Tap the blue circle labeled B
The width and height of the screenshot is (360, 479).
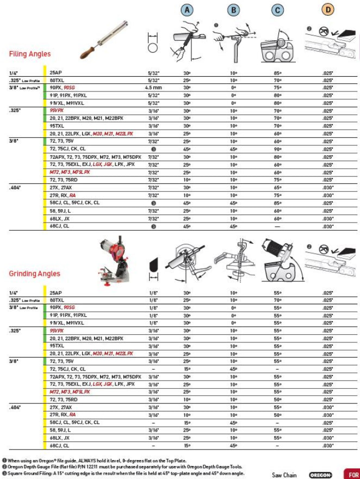point(233,10)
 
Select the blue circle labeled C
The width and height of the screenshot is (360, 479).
point(278,10)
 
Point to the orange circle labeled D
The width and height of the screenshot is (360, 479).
point(328,10)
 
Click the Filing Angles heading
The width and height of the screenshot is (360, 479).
point(30,54)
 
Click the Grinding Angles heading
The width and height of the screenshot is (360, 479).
point(34,274)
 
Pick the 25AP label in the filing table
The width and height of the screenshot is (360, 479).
point(55,72)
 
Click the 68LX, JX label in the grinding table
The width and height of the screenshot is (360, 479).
point(60,438)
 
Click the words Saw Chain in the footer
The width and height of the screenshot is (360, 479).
point(284,475)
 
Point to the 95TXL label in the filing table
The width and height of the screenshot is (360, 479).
point(57,126)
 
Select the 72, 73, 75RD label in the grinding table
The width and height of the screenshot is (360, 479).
point(64,400)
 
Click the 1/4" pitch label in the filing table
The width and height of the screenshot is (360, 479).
point(13,72)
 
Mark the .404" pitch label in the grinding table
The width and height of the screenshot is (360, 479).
point(15,407)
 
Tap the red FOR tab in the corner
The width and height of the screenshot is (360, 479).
point(352,475)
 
